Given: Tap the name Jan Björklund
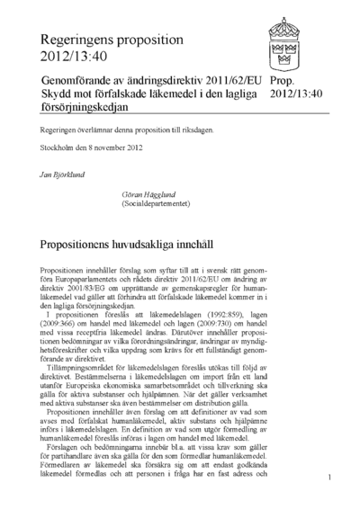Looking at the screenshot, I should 64,169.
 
